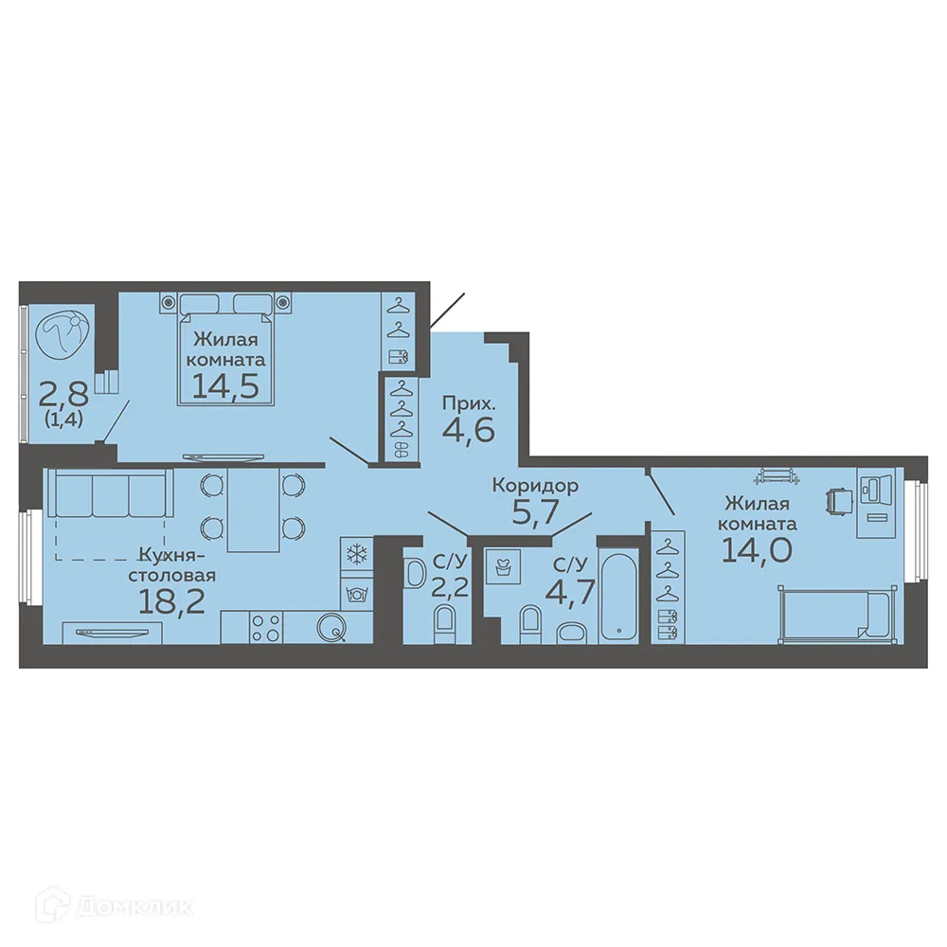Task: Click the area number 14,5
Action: pyautogui.click(x=224, y=386)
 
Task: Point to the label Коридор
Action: pyautogui.click(x=535, y=486)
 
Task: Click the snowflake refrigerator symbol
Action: pyautogui.click(x=357, y=555)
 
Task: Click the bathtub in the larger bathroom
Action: pyautogui.click(x=620, y=592)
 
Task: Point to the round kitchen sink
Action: pyautogui.click(x=331, y=625)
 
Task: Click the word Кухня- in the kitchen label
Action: pyautogui.click(x=171, y=555)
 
